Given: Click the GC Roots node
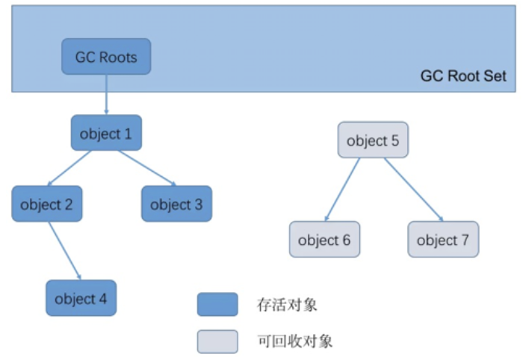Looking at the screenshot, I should pos(106,57).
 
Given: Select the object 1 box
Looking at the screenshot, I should pos(106,134).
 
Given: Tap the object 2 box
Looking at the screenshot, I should pos(46,204).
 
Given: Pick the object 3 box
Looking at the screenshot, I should pos(176,204).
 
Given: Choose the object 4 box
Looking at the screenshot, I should pos(81,299).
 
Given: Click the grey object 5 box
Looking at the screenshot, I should pos(373,140).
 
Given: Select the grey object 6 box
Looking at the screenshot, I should pos(324,240).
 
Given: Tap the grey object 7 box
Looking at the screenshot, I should pos(443,240).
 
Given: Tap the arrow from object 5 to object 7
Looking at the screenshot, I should pos(414,190).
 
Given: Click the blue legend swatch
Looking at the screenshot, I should pos(217,304).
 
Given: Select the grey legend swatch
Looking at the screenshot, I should pos(217,341).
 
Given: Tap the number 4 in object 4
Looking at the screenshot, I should pos(102,300).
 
